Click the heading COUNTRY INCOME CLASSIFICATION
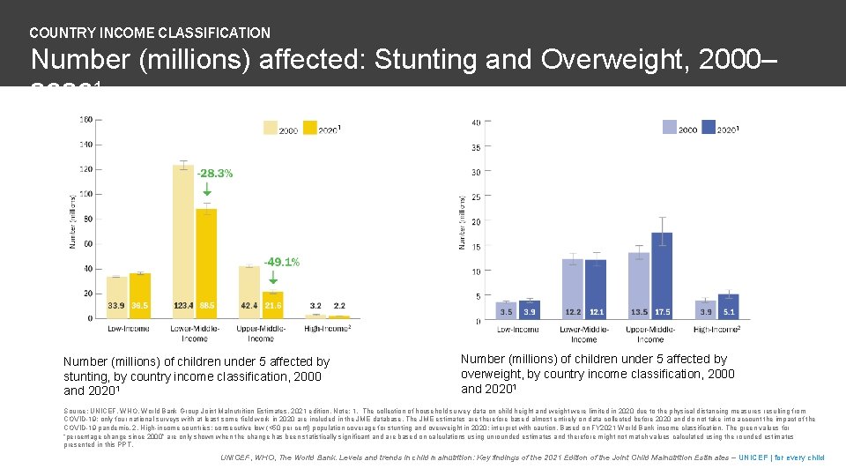point(150,33)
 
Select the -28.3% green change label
point(214,174)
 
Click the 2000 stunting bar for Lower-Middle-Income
point(183,238)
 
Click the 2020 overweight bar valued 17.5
point(662,273)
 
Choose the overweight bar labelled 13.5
point(639,284)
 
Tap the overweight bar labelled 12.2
point(573,286)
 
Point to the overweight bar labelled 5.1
point(729,305)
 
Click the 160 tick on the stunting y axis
point(85,119)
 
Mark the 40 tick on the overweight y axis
point(476,123)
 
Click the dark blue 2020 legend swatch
point(705,128)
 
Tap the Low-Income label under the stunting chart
point(128,330)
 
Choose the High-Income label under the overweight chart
point(716,330)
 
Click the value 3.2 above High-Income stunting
point(315,306)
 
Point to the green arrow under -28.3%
point(207,188)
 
